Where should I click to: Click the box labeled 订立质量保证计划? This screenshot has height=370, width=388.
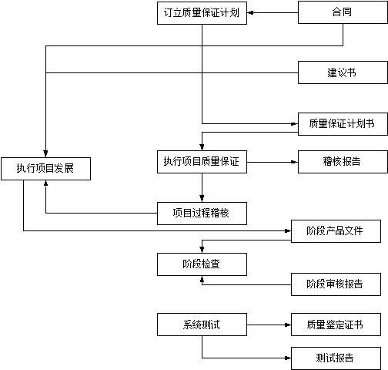pyautogui.click(x=202, y=13)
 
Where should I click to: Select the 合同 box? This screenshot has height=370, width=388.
pyautogui.click(x=343, y=12)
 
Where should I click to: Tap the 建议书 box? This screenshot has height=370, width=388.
pyautogui.click(x=343, y=72)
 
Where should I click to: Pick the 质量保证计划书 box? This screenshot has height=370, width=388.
pyautogui.click(x=343, y=124)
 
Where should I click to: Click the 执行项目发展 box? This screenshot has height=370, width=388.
pyautogui.click(x=45, y=169)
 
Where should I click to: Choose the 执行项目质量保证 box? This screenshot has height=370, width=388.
pyautogui.click(x=202, y=162)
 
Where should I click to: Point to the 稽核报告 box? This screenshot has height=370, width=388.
pyautogui.click(x=343, y=162)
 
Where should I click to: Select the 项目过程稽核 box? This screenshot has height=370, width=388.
pyautogui.click(x=202, y=214)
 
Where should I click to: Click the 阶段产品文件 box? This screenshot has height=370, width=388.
pyautogui.click(x=336, y=231)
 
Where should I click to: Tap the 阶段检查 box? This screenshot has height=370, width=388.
pyautogui.click(x=202, y=264)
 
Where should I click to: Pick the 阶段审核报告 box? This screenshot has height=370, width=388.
pyautogui.click(x=336, y=284)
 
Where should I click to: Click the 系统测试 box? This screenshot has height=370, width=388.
pyautogui.click(x=202, y=325)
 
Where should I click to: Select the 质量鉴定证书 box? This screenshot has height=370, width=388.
pyautogui.click(x=336, y=325)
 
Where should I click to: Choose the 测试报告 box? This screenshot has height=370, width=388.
pyautogui.click(x=336, y=358)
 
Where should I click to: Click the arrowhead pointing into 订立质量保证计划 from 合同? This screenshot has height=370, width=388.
pyautogui.click(x=250, y=12)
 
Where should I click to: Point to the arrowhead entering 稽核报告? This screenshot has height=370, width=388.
pyautogui.click(x=294, y=162)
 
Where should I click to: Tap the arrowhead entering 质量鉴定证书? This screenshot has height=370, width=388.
pyautogui.click(x=288, y=325)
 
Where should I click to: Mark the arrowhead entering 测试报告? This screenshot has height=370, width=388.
pyautogui.click(x=288, y=358)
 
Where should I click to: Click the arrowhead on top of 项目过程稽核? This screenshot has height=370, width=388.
pyautogui.click(x=202, y=198)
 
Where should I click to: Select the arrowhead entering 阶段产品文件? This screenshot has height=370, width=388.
pyautogui.click(x=288, y=231)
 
